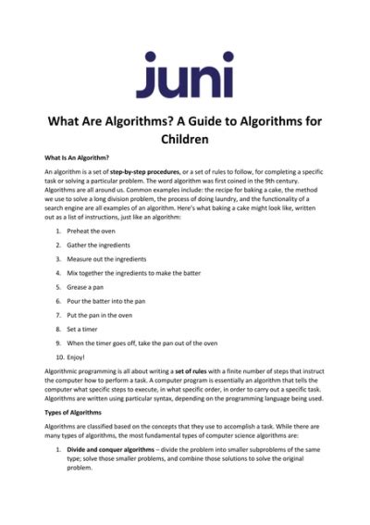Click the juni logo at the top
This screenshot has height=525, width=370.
(x=184, y=73)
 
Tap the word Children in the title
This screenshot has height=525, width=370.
(x=184, y=141)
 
